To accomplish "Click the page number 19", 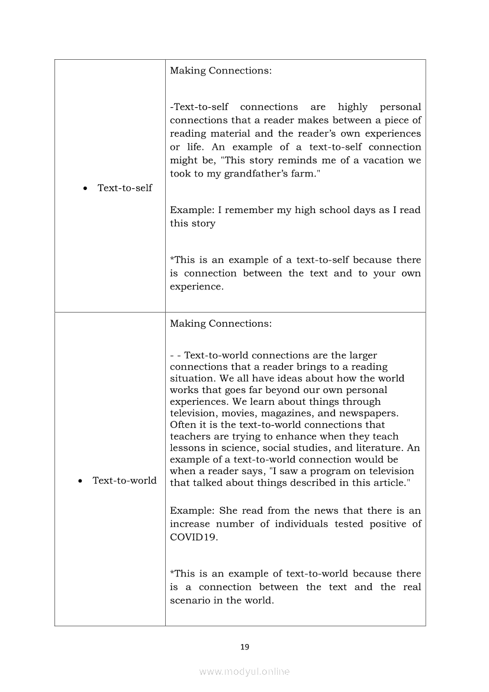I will coord(244,647).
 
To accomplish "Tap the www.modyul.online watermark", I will coord(244,671).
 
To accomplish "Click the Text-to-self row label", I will coord(124,188).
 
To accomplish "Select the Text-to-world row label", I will coord(124,480).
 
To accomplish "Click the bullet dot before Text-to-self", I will coord(86,188).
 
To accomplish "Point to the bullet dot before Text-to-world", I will coord(81,481).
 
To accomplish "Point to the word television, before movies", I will coord(196,413).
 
